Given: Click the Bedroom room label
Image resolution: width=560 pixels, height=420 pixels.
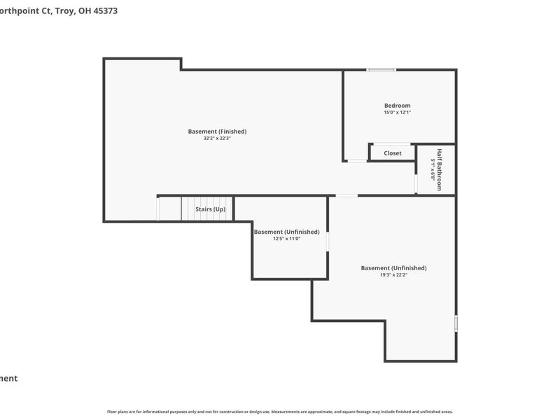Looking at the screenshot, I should pyautogui.click(x=397, y=106).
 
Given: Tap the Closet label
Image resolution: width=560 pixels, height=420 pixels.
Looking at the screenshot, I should pyautogui.click(x=393, y=153).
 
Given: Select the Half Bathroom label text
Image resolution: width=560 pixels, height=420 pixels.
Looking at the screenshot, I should pyautogui.click(x=440, y=169).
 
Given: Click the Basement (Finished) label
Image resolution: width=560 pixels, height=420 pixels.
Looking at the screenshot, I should pyautogui.click(x=217, y=132).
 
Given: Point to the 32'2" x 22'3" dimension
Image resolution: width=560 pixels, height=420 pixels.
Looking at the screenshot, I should pyautogui.click(x=217, y=139).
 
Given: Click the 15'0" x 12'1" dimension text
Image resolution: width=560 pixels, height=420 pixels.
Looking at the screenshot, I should pyautogui.click(x=397, y=113).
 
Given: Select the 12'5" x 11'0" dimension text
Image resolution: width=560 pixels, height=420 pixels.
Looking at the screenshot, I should pyautogui.click(x=286, y=239).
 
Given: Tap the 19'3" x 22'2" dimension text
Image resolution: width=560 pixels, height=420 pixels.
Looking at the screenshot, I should pyautogui.click(x=393, y=275).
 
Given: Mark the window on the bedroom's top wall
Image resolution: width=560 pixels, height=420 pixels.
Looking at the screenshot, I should pyautogui.click(x=381, y=69).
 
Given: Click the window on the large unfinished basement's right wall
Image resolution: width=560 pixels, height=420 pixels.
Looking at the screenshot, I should pyautogui.click(x=456, y=323).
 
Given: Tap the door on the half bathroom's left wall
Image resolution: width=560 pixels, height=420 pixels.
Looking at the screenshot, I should pyautogui.click(x=416, y=183).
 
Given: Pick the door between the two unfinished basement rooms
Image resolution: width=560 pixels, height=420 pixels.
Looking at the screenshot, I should pyautogui.click(x=328, y=240).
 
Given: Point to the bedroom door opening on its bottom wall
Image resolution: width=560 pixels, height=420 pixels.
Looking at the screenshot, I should pyautogui.click(x=357, y=161).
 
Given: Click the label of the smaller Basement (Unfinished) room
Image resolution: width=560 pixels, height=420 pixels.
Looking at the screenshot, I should pyautogui.click(x=286, y=232).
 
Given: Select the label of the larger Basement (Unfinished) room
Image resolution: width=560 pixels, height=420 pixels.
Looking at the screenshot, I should pyautogui.click(x=393, y=268).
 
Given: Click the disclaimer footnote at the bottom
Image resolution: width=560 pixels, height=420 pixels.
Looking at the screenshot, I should pyautogui.click(x=280, y=412).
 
